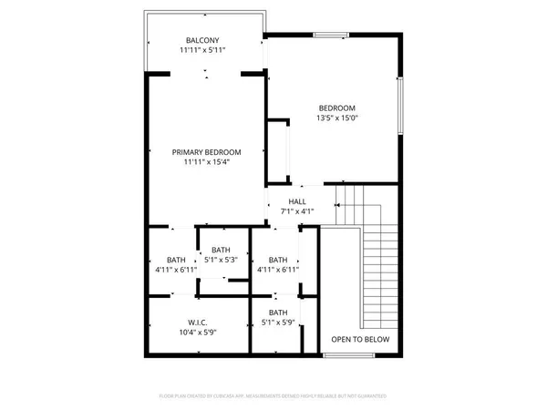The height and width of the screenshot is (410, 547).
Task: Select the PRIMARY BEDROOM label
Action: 207,152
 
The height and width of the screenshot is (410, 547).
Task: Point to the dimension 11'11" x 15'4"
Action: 207,164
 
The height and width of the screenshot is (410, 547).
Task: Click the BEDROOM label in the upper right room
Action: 336,107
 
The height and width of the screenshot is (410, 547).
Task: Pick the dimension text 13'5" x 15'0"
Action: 336,118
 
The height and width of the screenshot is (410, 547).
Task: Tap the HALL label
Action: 298,201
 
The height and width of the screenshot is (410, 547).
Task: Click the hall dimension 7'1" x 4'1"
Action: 298,212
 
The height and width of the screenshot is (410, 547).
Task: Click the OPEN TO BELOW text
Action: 360,339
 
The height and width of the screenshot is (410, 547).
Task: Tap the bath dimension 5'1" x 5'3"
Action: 221,261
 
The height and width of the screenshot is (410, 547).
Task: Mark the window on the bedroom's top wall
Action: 332,35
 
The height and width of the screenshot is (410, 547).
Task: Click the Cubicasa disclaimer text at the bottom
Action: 273,396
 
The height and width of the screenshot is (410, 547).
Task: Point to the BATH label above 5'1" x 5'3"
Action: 221,250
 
